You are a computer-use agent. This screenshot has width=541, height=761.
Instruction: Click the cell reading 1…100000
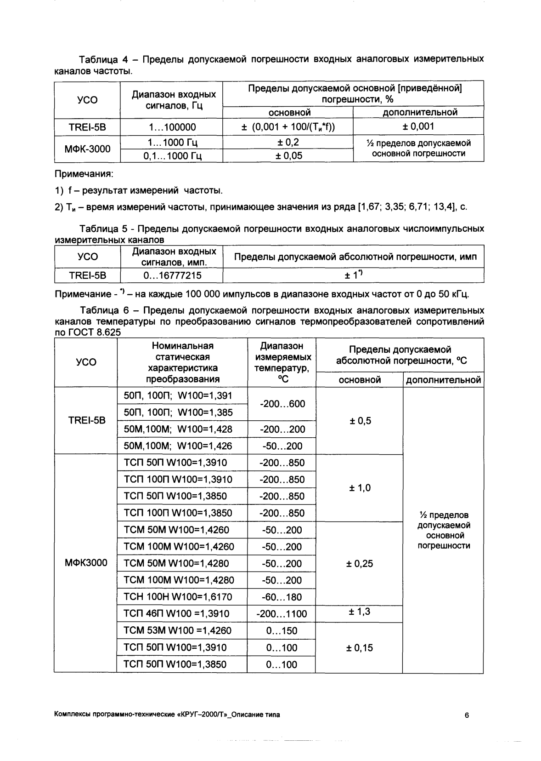click(x=171, y=127)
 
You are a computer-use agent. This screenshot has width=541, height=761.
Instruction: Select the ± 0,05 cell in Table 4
click(x=288, y=156)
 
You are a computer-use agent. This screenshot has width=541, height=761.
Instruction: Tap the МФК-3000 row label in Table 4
click(x=87, y=149)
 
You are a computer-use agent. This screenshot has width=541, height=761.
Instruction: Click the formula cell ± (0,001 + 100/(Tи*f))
click(x=288, y=127)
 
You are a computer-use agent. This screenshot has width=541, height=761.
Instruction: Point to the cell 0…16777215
click(x=171, y=275)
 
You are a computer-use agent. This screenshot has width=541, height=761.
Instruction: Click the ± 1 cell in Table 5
click(x=353, y=275)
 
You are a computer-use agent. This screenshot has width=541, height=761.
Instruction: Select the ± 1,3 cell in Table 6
click(x=359, y=612)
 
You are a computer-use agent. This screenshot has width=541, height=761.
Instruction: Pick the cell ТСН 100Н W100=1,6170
click(x=181, y=597)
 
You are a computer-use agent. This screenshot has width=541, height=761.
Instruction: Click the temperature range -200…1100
click(x=282, y=614)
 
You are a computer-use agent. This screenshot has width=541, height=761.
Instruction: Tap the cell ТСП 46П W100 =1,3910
click(x=181, y=614)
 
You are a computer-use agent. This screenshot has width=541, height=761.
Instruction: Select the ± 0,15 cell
click(x=359, y=648)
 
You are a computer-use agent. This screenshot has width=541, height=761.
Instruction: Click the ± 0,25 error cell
click(x=359, y=564)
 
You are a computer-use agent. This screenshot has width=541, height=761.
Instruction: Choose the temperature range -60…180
click(x=282, y=597)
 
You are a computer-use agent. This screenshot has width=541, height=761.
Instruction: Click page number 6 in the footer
click(x=467, y=715)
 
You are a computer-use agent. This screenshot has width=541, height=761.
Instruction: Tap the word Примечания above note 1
click(x=83, y=174)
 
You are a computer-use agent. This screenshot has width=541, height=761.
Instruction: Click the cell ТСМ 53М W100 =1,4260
click(x=181, y=630)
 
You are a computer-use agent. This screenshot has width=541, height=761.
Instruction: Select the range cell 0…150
click(x=282, y=631)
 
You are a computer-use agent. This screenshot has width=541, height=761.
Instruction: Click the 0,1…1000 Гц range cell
click(x=171, y=156)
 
